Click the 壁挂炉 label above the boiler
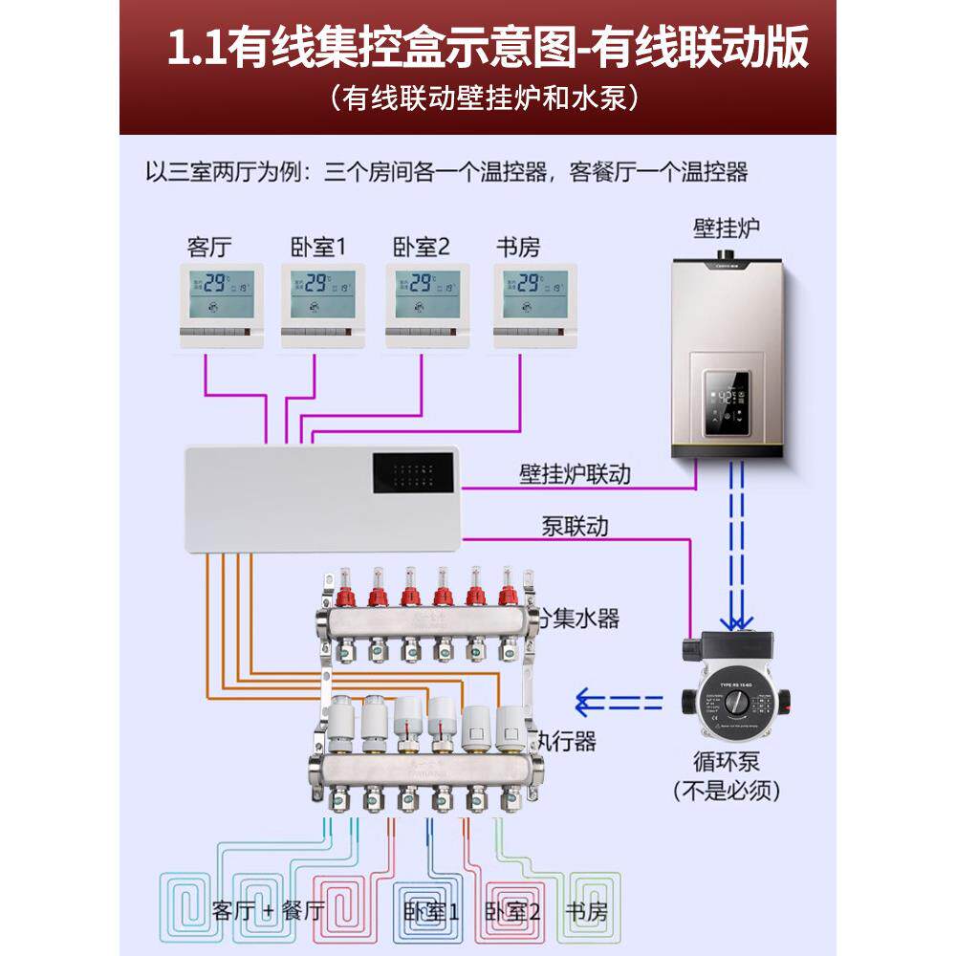[727, 228]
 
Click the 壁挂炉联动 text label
[575, 473]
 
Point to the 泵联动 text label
[575, 525]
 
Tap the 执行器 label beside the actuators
[564, 740]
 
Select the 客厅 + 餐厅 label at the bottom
[270, 910]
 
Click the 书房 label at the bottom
[586, 910]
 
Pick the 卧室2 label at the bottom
[513, 910]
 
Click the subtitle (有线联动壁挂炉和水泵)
[478, 97]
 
